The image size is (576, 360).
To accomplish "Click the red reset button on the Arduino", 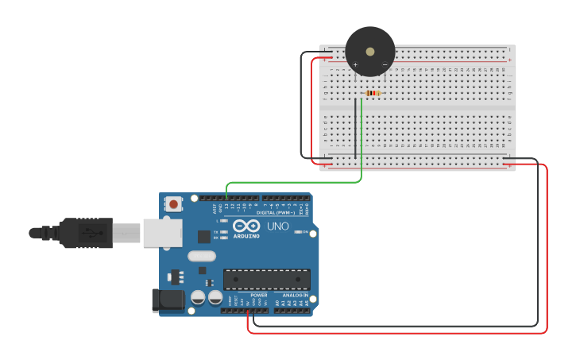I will click(174, 204).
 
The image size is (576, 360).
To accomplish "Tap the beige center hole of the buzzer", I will click(370, 51).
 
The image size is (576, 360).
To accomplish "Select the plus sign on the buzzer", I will click(355, 64).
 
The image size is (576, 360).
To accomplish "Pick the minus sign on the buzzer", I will click(385, 64).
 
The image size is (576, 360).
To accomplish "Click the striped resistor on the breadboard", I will click(371, 93).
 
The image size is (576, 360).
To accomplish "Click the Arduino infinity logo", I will click(245, 226).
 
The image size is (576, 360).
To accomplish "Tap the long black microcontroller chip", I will click(266, 280).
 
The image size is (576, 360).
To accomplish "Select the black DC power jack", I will click(168, 300).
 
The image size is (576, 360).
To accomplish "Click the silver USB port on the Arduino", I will click(162, 233).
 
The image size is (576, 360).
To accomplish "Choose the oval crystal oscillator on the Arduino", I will click(202, 256).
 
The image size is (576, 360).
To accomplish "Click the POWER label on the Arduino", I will click(259, 295).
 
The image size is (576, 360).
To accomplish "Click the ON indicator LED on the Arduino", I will click(299, 232).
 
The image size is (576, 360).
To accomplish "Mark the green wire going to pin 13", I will click(294, 182).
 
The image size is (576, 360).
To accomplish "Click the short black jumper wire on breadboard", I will click(355, 127).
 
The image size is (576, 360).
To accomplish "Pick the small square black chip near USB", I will click(204, 236).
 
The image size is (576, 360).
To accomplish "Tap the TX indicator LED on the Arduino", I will click(225, 231).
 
